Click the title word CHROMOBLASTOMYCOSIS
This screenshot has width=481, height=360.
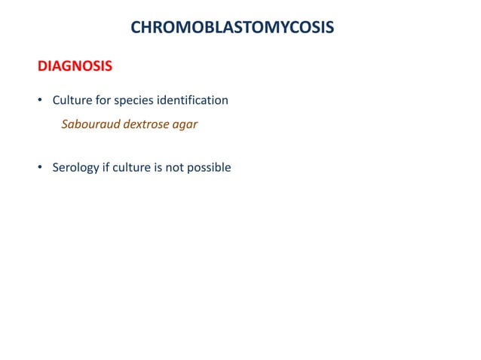click(x=232, y=28)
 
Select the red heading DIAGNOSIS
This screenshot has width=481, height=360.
click(x=75, y=66)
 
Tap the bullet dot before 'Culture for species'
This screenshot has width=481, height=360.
click(x=41, y=100)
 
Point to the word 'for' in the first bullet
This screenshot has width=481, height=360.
click(x=102, y=100)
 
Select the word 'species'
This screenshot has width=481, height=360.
click(x=133, y=101)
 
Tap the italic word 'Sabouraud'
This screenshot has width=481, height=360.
click(x=90, y=124)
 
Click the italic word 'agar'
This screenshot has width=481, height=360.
click(x=185, y=125)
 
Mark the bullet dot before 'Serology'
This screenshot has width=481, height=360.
click(x=41, y=167)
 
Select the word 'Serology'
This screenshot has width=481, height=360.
click(x=75, y=168)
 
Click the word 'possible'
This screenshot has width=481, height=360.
click(x=210, y=168)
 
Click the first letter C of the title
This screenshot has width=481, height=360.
click(x=136, y=28)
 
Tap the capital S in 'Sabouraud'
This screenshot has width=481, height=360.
click(x=64, y=124)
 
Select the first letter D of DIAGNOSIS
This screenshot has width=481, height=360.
click(x=43, y=66)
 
